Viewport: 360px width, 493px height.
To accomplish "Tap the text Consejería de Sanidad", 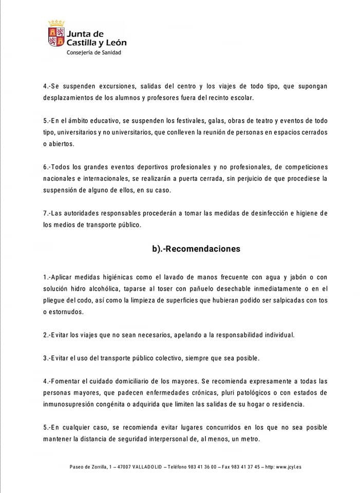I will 94,52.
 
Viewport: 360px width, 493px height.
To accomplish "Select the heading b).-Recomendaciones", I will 196,249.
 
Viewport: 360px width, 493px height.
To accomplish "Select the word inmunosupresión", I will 72,404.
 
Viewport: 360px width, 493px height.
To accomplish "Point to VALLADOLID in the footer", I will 146,467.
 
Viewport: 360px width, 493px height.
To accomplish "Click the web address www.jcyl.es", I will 288,467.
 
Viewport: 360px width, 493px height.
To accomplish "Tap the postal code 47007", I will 122,467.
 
